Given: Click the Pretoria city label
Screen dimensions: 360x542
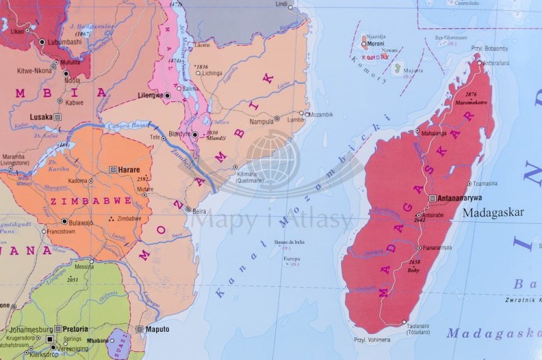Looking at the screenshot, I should click(76, 327).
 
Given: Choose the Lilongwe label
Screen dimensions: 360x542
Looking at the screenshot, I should click(149, 95).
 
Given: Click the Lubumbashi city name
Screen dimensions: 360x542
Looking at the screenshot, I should click(66, 42).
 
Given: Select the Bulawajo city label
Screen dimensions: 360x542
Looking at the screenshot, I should click(81, 222).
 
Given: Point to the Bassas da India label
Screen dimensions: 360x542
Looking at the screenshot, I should click(290, 243).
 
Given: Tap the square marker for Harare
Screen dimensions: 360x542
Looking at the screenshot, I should click(113, 168).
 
